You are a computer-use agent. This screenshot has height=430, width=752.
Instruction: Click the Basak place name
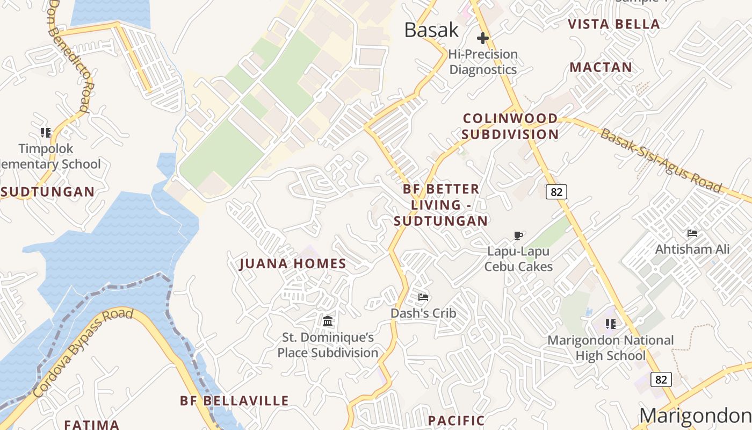pyautogui.click(x=431, y=30)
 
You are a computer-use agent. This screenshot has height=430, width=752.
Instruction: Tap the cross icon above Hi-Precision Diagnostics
pyautogui.click(x=483, y=38)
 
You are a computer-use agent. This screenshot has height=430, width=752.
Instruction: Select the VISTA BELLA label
pyautogui.click(x=614, y=24)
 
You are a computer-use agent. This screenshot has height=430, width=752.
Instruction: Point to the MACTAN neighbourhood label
pyautogui.click(x=601, y=67)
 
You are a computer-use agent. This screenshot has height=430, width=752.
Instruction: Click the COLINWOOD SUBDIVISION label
pyautogui.click(x=510, y=126)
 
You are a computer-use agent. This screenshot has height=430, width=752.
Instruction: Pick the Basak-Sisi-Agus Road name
pyautogui.click(x=661, y=160)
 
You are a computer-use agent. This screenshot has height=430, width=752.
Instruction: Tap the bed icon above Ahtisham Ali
pyautogui.click(x=692, y=233)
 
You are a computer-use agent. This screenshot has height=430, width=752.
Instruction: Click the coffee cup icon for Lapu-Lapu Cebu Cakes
pyautogui.click(x=518, y=235)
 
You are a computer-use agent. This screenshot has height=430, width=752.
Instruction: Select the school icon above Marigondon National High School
pyautogui.click(x=610, y=324)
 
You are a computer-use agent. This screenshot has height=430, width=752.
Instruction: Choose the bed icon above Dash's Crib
pyautogui.click(x=423, y=297)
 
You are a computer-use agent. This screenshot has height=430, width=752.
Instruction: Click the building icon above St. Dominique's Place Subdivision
pyautogui.click(x=328, y=321)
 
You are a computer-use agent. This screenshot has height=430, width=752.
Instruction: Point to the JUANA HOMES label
pyautogui.click(x=293, y=263)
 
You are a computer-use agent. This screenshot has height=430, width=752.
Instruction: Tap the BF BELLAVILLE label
pyautogui.click(x=234, y=401)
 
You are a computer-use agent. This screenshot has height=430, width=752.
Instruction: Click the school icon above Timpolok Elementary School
pyautogui.click(x=46, y=132)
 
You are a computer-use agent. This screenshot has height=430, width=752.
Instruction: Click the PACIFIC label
pyautogui.click(x=456, y=420)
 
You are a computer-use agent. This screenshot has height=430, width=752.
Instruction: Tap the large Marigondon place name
pyautogui.click(x=695, y=415)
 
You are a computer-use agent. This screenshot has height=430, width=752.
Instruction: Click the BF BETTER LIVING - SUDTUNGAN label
pyautogui.click(x=441, y=205)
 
